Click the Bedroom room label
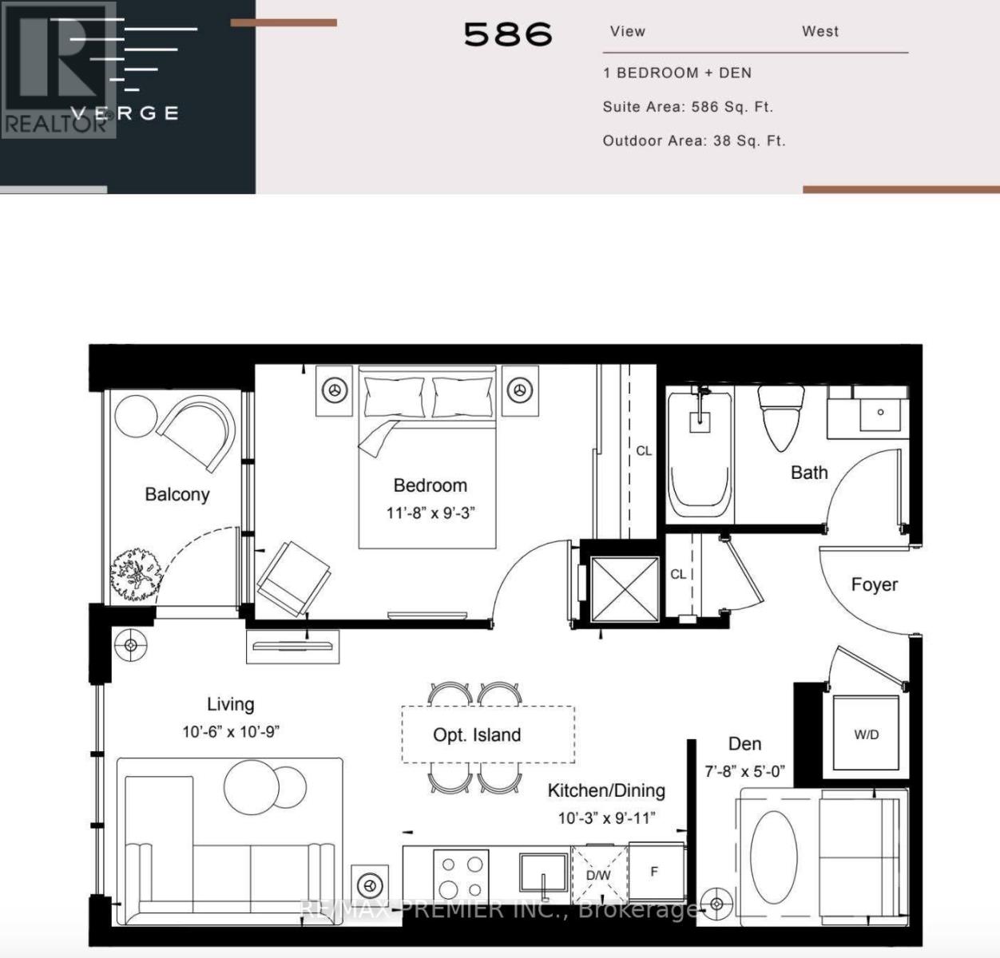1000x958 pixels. coord(430,485)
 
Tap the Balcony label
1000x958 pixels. coord(177,494)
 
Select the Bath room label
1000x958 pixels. coord(808,473)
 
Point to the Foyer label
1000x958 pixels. coord(874,584)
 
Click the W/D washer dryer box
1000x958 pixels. coord(866,734)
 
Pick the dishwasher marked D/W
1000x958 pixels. coord(598,875)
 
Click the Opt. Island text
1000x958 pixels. coord(477,735)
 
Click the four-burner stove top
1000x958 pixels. coord(461,876)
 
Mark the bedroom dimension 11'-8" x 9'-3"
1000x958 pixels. coord(431,513)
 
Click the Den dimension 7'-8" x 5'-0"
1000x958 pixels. coord(744,772)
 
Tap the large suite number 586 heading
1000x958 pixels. coord(508,34)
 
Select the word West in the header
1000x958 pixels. coord(819,32)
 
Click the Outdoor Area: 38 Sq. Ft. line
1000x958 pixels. coord(693,141)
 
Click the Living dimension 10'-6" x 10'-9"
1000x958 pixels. coord(231,732)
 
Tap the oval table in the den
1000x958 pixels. coord(773,857)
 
